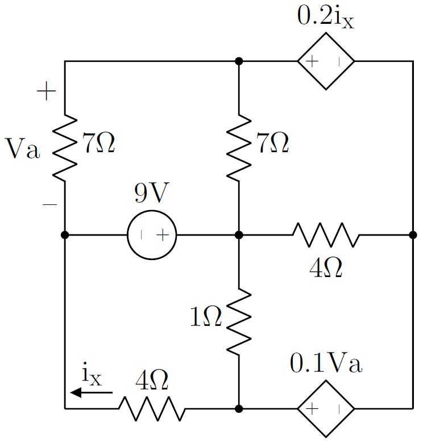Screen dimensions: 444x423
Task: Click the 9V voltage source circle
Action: (x=152, y=234)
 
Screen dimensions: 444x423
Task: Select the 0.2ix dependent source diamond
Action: (x=326, y=61)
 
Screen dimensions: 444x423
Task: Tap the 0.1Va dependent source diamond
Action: (x=326, y=408)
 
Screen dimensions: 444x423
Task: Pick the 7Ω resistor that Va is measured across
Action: (x=65, y=148)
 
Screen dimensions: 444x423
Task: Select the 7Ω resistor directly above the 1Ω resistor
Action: (x=239, y=148)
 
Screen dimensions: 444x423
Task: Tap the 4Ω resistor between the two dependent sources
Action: (x=326, y=234)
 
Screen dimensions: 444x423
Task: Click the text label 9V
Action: (x=151, y=194)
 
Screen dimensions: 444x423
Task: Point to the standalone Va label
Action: (x=23, y=150)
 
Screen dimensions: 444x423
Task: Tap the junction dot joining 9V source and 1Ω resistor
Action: (x=239, y=234)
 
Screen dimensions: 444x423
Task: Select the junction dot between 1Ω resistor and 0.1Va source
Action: (x=239, y=408)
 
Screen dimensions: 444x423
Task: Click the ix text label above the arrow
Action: (x=92, y=375)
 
